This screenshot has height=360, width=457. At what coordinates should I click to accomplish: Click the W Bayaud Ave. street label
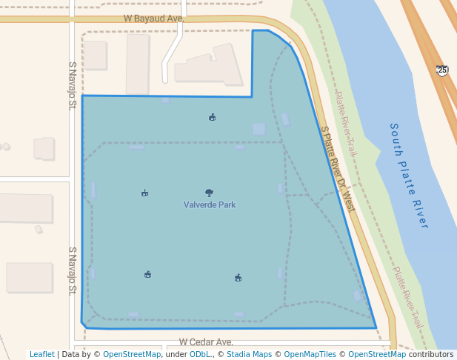tap(153, 17)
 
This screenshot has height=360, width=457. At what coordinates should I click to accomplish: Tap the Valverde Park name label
tap(210, 204)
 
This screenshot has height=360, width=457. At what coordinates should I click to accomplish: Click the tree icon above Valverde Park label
tap(210, 193)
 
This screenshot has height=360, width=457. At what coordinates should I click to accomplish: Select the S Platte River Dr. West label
tap(338, 168)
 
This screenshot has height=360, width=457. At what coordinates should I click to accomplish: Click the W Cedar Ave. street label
tap(206, 343)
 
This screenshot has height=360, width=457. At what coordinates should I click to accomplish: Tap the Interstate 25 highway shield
tap(442, 70)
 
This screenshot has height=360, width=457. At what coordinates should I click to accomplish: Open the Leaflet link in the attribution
tap(41, 354)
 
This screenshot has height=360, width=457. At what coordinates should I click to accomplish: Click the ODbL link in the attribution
tap(200, 354)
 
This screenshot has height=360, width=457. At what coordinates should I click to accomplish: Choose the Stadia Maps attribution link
tap(249, 354)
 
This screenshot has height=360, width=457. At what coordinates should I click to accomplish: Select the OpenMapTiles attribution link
tap(310, 354)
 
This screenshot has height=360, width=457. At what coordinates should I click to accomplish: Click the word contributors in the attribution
tap(431, 354)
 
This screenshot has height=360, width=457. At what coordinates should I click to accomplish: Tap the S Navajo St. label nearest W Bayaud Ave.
tap(73, 85)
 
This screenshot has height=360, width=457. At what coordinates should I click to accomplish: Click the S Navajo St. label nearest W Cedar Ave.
tap(73, 271)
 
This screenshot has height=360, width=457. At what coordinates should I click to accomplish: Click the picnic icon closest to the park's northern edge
tap(213, 117)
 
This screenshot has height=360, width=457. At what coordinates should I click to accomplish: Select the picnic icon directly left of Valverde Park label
tap(144, 193)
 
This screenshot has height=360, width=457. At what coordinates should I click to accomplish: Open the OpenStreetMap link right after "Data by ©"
tap(132, 354)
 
